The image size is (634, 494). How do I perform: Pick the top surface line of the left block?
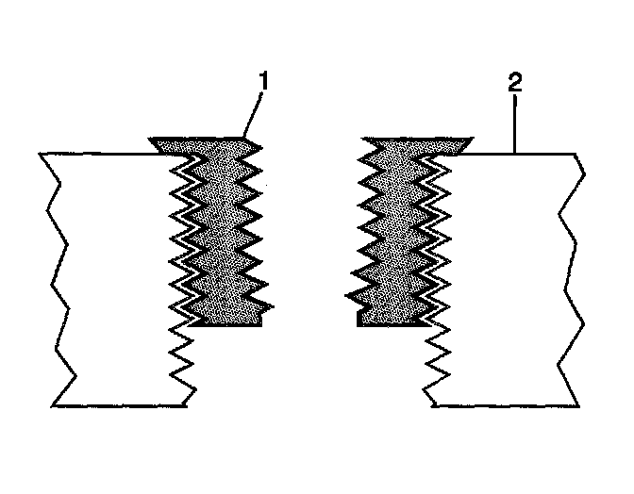pos(94,154)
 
